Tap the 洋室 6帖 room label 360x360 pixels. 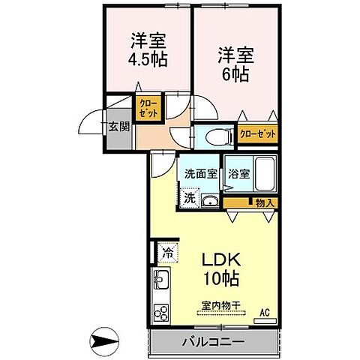tap(235, 64)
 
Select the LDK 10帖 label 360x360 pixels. tap(220, 267)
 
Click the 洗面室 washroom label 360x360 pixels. tap(201, 173)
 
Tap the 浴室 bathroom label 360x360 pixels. tap(238, 173)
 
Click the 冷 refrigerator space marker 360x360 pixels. tap(168, 253)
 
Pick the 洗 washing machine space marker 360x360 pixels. tap(190, 198)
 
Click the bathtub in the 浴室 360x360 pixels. tap(264, 175)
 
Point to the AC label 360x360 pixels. tap(264, 312)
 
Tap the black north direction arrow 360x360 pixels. tap(104, 342)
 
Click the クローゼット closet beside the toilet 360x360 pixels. tap(257, 134)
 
